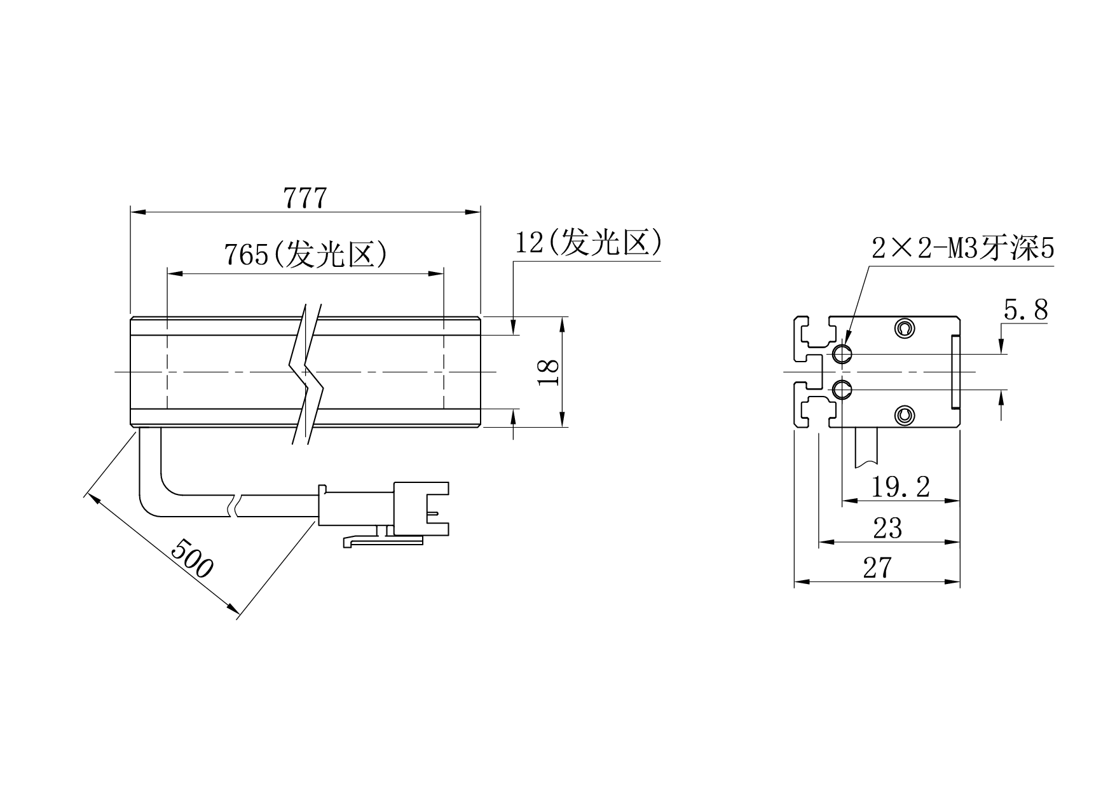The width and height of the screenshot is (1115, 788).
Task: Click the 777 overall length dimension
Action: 305,198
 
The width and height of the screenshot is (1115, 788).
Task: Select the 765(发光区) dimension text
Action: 305,255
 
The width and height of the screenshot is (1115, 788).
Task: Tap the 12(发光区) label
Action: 589,243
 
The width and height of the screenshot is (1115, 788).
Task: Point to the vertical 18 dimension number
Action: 548,372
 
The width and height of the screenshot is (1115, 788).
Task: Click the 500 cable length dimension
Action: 192,558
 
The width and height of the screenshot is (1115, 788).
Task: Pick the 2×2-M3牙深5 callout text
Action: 963,248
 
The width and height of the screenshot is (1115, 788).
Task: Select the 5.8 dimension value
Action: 1025,310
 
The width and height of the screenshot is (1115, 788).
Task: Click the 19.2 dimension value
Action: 900,487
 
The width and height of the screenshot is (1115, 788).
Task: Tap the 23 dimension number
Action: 888,528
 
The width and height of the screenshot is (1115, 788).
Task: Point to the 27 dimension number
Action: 877,567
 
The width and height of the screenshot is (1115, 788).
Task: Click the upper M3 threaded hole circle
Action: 842,353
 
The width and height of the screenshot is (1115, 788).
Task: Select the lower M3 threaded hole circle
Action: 842,388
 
